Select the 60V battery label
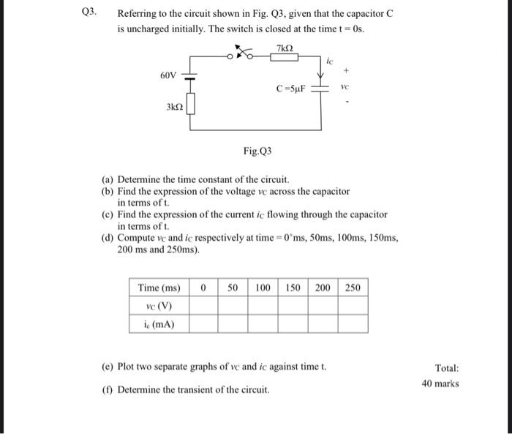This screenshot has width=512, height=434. (x=168, y=75)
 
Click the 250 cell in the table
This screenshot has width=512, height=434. (x=353, y=288)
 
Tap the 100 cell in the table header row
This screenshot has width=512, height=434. (x=263, y=288)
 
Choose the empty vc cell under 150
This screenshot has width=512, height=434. (x=293, y=306)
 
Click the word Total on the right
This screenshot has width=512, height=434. (x=446, y=369)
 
